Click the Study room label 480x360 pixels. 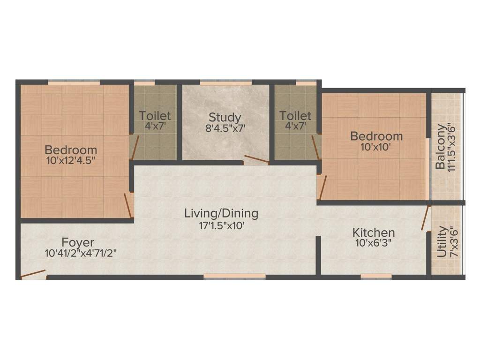(225, 117)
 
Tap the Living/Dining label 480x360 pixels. (221, 214)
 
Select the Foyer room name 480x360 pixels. (78, 243)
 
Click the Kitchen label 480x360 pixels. (374, 232)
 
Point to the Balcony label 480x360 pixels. (441, 147)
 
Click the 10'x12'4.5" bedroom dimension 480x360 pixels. (71, 161)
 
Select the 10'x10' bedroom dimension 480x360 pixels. (376, 146)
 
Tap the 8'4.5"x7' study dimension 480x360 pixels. (225, 128)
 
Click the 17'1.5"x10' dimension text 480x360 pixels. (222, 225)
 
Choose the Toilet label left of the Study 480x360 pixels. (155, 115)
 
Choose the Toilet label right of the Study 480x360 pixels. (295, 115)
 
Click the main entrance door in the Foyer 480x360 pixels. (33, 274)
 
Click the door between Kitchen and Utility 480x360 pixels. (426, 218)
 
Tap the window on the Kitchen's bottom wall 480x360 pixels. (376, 277)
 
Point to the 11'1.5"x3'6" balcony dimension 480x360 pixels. (452, 147)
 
